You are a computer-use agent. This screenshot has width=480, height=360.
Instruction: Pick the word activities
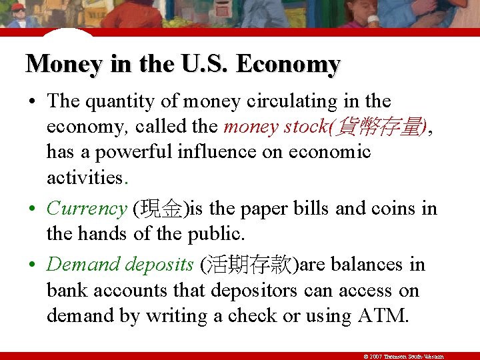pos(85,177)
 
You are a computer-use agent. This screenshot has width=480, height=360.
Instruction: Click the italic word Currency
pos(87,209)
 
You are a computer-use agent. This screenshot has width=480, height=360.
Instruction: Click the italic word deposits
pos(159,265)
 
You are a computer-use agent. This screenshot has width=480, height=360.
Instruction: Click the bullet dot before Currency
pos(32,209)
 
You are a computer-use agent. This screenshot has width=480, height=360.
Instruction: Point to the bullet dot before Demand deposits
pos(32,265)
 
